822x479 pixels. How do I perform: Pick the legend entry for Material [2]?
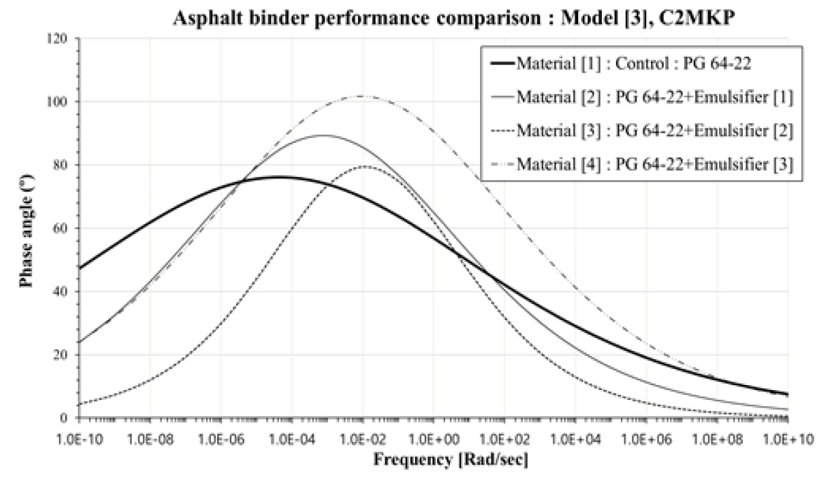pyautogui.click(x=654, y=97)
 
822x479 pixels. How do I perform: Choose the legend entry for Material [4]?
pyautogui.click(x=654, y=163)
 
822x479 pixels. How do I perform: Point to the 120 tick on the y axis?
pyautogui.click(x=65, y=39)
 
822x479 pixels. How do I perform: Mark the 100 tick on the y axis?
pyautogui.click(x=65, y=102)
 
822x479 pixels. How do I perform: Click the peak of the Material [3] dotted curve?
pyautogui.click(x=365, y=167)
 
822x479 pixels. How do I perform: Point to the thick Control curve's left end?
pyautogui.click(x=81, y=268)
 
